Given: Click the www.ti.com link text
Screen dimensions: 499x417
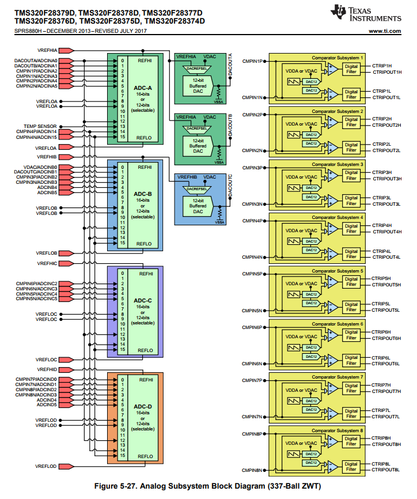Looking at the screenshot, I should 384,31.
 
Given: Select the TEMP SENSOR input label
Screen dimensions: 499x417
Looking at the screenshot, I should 40,126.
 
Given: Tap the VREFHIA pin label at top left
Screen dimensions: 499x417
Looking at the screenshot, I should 47,50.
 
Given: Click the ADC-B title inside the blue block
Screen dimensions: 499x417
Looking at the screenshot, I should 142,194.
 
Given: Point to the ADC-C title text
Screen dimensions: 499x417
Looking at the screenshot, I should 142,301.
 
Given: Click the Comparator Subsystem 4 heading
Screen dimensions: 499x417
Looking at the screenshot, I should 338,217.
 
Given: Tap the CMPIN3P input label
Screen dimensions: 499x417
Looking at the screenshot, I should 252,168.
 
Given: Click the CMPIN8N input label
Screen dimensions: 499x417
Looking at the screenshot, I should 252,470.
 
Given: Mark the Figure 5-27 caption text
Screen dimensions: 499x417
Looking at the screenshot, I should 207,486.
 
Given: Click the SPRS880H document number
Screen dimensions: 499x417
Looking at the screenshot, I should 29,31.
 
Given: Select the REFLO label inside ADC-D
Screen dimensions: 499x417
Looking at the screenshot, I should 145,456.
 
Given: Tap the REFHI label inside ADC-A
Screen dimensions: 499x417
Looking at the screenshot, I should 145,60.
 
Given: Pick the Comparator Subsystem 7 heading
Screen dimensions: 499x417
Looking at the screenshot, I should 338,377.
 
